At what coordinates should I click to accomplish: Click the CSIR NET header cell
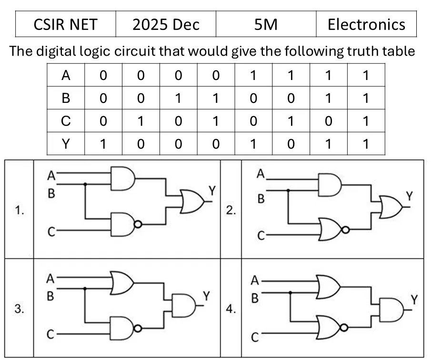pyautogui.click(x=66, y=24)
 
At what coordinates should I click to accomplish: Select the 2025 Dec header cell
pyautogui.click(x=166, y=24)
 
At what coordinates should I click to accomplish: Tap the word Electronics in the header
pyautogui.click(x=366, y=24)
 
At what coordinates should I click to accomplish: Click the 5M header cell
pyautogui.click(x=266, y=24)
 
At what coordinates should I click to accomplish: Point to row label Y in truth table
pyautogui.click(x=66, y=144)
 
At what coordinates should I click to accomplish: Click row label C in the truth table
pyautogui.click(x=66, y=121)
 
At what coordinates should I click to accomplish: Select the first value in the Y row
pyautogui.click(x=103, y=144)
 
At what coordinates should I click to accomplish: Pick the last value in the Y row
pyautogui.click(x=366, y=144)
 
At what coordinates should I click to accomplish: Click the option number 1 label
pyautogui.click(x=19, y=210)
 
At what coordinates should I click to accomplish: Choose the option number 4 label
pyautogui.click(x=231, y=309)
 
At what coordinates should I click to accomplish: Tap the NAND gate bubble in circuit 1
pyautogui.click(x=138, y=224)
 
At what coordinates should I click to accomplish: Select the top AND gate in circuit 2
pyautogui.click(x=330, y=185)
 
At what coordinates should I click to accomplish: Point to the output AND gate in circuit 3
pyautogui.click(x=184, y=305)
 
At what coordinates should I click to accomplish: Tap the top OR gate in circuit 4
pyautogui.click(x=328, y=287)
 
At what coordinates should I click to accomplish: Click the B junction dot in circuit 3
pyautogui.click(x=85, y=289)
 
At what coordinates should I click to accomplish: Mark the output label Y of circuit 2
pyautogui.click(x=410, y=196)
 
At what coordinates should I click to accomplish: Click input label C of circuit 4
pyautogui.click(x=255, y=337)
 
